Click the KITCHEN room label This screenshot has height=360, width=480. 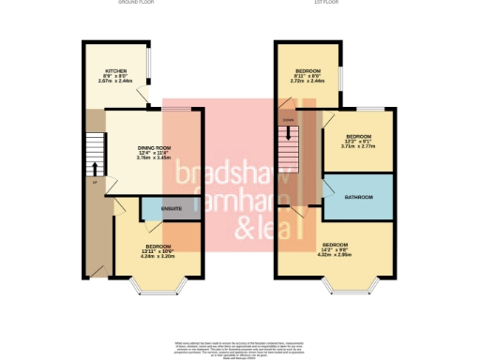tap(117, 71)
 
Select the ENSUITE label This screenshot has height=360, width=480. tap(171, 207)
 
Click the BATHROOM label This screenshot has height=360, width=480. tap(359, 197)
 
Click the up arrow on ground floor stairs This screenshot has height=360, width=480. tap(94, 167)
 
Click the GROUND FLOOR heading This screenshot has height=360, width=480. tap(136, 3)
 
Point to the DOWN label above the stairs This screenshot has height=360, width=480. tap(288, 120)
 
